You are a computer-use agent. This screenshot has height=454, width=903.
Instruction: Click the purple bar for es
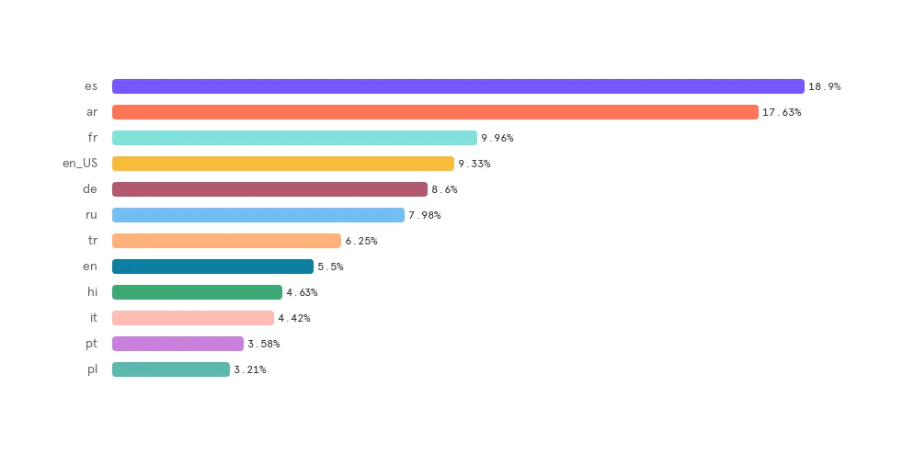pos(458,86)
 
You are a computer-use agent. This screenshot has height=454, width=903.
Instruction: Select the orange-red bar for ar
pos(435,112)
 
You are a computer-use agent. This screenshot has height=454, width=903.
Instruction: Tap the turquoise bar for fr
pos(294,138)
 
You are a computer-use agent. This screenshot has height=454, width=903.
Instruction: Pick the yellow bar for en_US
pos(283,164)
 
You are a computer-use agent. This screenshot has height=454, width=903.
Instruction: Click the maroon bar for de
pos(269,189)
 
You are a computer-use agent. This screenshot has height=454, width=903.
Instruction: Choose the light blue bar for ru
pos(258,215)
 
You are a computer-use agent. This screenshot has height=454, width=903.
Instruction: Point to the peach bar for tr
pos(226,241)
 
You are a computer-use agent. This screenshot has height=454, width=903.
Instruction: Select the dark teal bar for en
pos(212,267)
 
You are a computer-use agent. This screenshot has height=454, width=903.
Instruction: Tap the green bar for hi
pos(197,292)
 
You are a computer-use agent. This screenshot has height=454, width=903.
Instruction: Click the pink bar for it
pos(193,318)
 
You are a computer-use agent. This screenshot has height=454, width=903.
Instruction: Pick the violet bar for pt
pos(177,344)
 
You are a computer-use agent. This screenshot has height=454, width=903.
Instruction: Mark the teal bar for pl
pos(171,369)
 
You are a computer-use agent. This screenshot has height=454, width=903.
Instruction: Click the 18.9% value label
pos(824,86)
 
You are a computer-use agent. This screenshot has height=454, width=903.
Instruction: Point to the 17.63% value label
pos(782,112)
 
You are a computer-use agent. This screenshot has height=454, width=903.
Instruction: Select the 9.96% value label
pos(497,138)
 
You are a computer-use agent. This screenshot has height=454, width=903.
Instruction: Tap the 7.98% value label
pos(424,215)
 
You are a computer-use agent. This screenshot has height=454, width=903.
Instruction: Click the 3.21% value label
pos(249,369)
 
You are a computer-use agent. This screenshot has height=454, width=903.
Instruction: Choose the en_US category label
pos(79,164)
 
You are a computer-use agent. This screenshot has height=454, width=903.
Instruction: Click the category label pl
pos(92,369)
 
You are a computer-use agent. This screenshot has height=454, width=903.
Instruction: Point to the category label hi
pos(92,292)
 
